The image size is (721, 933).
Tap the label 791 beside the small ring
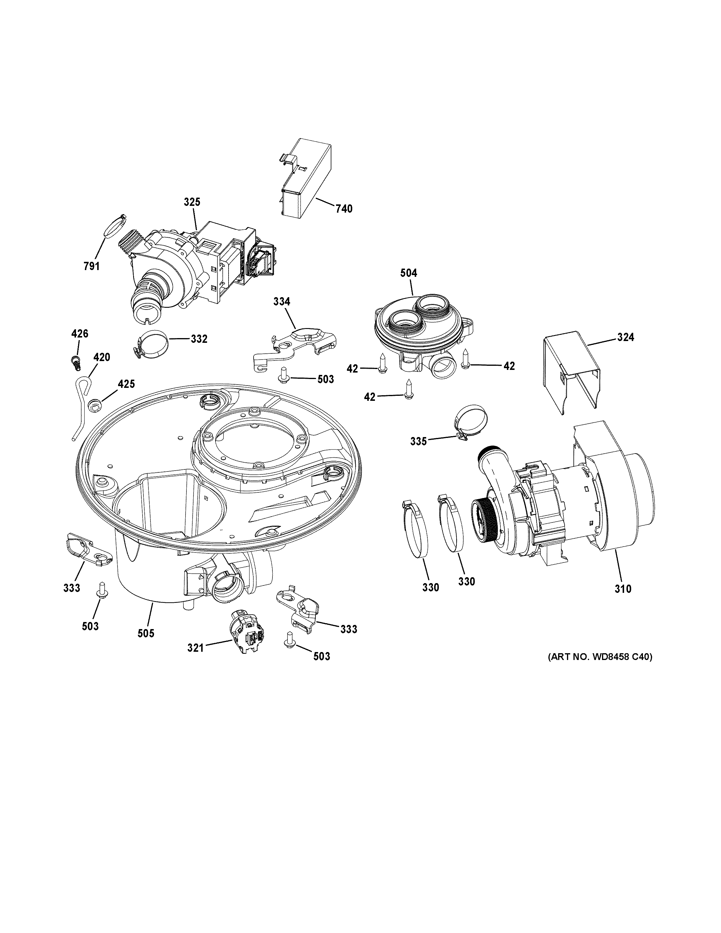tap(91, 267)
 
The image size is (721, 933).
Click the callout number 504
tap(408, 272)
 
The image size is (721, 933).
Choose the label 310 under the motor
tap(623, 589)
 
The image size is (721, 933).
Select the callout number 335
tap(419, 441)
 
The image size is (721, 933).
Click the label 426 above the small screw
tap(80, 334)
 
